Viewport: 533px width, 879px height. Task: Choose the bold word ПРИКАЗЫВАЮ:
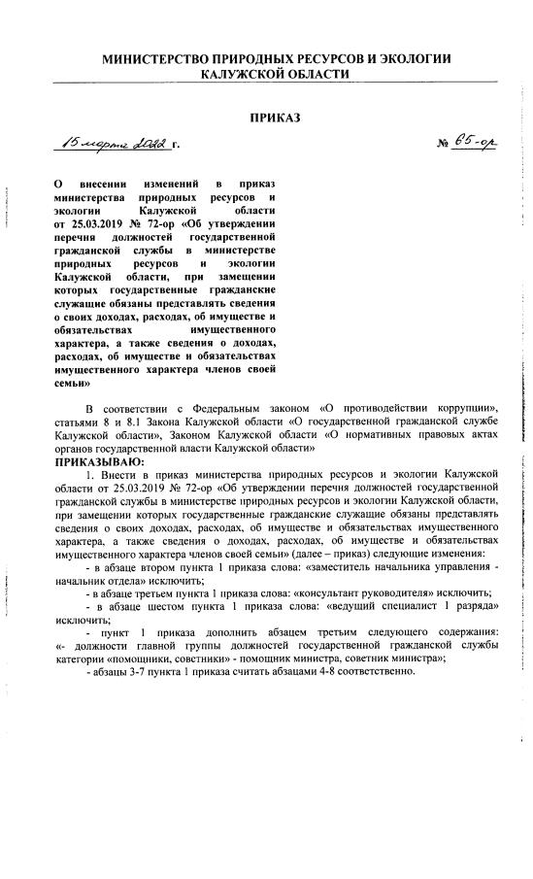click(96, 462)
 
